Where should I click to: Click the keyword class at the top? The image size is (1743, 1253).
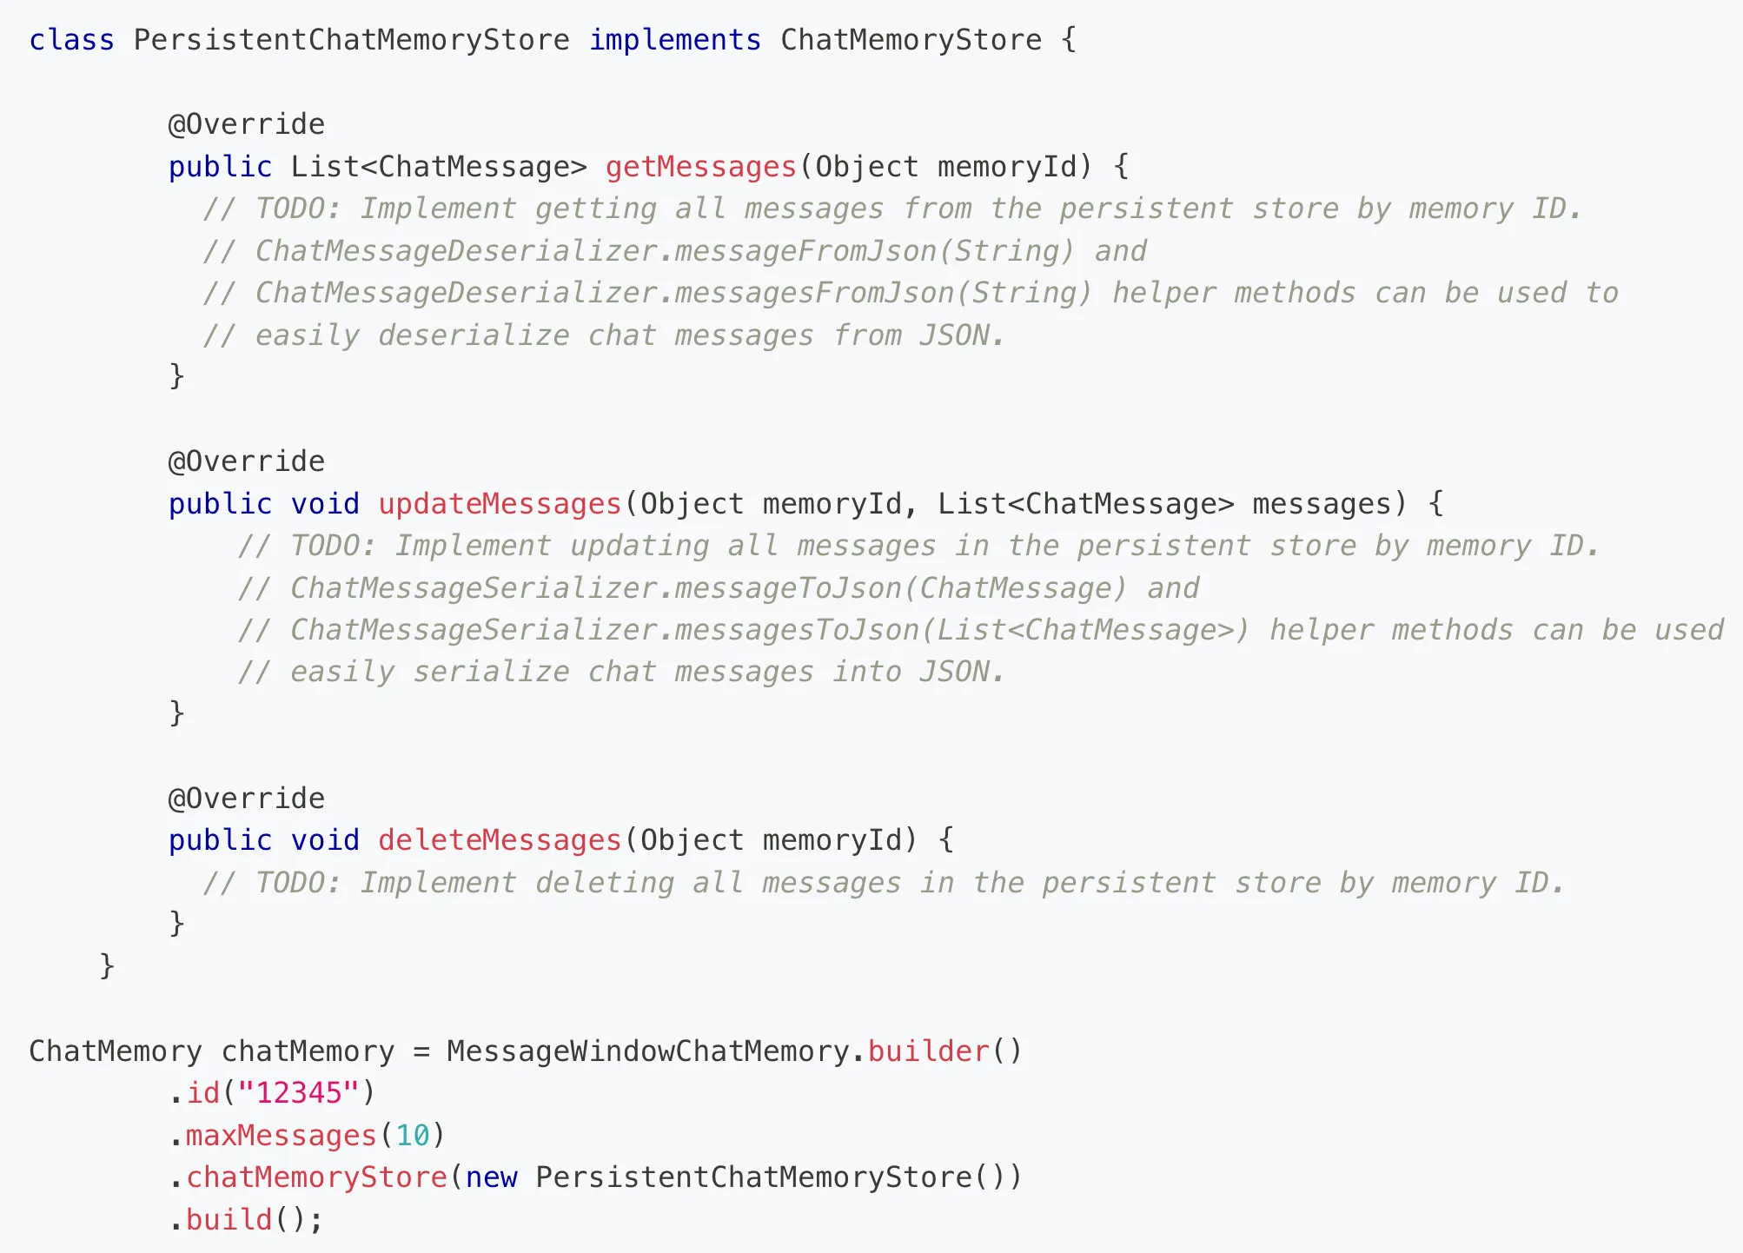pyautogui.click(x=71, y=40)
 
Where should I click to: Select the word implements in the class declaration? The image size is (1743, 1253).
pyautogui.click(x=675, y=40)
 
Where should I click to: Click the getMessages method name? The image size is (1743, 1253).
pyautogui.click(x=701, y=167)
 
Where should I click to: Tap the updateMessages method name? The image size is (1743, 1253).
pyautogui.click(x=500, y=504)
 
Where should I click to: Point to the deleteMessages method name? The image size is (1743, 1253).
pyautogui.click(x=500, y=840)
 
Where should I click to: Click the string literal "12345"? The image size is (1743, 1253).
pyautogui.click(x=299, y=1093)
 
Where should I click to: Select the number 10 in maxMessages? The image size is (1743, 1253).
pyautogui.click(x=413, y=1136)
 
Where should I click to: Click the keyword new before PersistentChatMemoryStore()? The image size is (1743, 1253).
pyautogui.click(x=492, y=1177)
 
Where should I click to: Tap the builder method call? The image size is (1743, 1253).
pyautogui.click(x=929, y=1051)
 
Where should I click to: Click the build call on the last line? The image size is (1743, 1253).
pyautogui.click(x=229, y=1220)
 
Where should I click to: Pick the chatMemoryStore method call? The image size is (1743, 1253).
pyautogui.click(x=317, y=1177)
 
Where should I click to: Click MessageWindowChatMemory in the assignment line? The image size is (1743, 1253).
pyautogui.click(x=648, y=1051)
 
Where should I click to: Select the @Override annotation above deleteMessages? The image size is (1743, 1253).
pyautogui.click(x=247, y=799)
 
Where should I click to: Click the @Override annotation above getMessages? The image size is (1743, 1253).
pyautogui.click(x=247, y=124)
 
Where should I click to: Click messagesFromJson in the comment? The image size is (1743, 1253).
pyautogui.click(x=814, y=294)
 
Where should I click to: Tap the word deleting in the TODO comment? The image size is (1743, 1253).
pyautogui.click(x=605, y=883)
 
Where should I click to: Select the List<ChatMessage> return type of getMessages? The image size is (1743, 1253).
pyautogui.click(x=439, y=167)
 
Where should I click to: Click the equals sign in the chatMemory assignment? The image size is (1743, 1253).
pyautogui.click(x=421, y=1052)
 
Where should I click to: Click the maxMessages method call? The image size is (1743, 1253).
pyautogui.click(x=282, y=1136)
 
